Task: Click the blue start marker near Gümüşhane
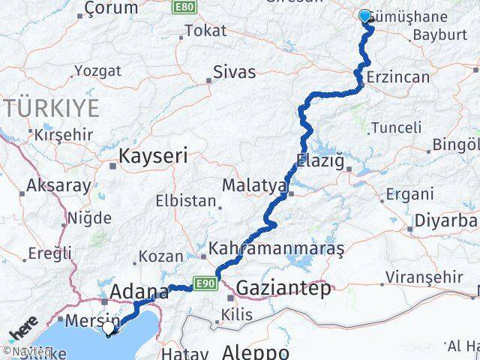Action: (365, 16)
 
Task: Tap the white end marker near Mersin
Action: (109, 328)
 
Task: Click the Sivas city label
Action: (234, 73)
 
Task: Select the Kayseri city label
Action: (149, 157)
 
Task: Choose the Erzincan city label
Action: (398, 77)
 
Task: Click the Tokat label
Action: (205, 31)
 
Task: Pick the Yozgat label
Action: (97, 71)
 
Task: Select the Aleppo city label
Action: (256, 352)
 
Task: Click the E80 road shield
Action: (182, 7)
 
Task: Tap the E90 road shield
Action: (208, 283)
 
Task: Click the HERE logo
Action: (23, 329)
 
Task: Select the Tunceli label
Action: (396, 127)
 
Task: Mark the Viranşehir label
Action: (424, 277)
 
